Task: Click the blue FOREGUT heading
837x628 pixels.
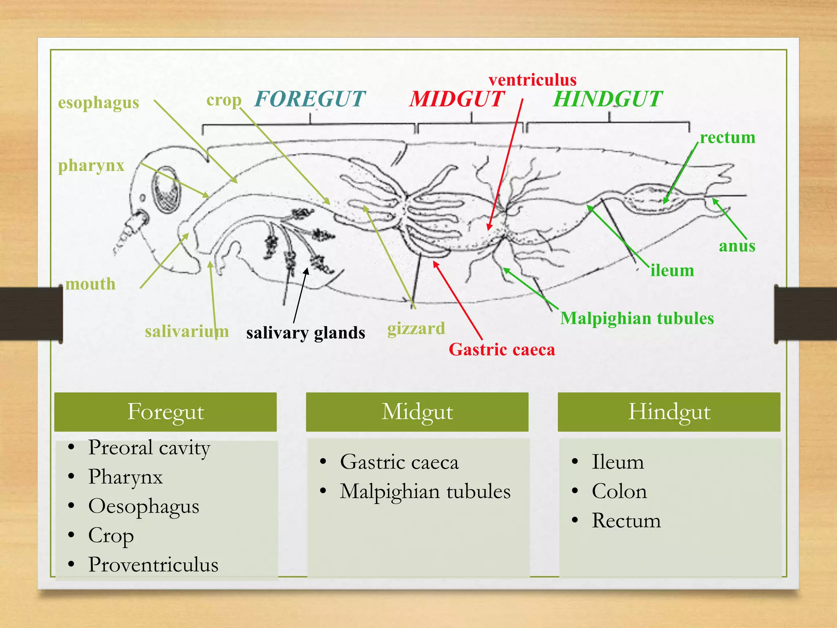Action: point(310,99)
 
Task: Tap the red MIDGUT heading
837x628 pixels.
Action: point(457,99)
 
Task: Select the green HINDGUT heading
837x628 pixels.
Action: point(607,99)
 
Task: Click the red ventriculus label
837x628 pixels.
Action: point(532,80)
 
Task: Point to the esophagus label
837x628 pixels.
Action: point(98,103)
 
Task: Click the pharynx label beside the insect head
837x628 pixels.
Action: point(91,166)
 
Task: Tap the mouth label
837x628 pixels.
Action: point(91,284)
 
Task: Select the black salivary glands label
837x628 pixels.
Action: point(306,333)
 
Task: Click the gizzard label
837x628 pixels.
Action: point(416,329)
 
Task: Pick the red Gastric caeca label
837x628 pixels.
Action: point(502,350)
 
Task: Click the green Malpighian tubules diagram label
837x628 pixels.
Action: point(637,318)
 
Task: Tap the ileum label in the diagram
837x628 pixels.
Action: point(672,270)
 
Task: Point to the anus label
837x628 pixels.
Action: point(737,246)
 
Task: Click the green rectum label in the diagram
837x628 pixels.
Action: point(727,137)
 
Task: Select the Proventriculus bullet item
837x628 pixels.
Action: point(153,565)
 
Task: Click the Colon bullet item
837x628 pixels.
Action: point(619,491)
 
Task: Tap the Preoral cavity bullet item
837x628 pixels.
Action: point(149,447)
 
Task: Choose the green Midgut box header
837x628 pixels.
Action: point(417,412)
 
